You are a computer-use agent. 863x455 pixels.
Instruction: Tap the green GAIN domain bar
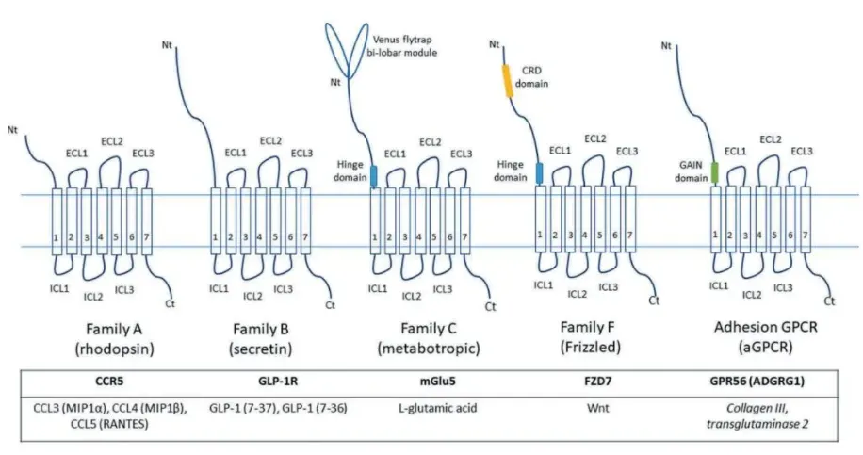[714, 172]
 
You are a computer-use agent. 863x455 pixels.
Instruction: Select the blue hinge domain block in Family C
[373, 175]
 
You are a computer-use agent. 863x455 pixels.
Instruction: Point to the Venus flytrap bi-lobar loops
[348, 41]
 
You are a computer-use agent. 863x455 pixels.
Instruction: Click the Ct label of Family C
[489, 306]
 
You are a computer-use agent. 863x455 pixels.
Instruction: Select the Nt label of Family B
[168, 43]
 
